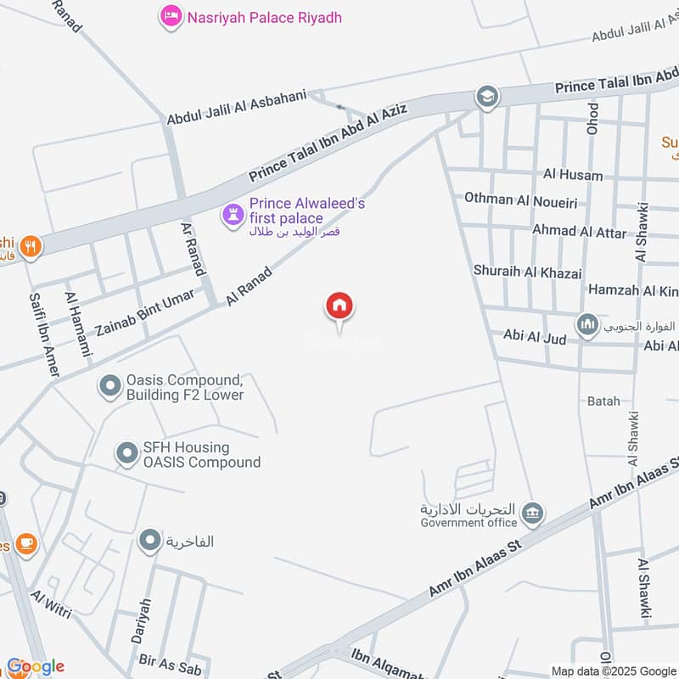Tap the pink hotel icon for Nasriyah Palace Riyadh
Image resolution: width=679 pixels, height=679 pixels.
172,16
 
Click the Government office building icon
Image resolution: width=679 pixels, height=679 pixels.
533,513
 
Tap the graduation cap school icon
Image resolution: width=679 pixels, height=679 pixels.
487,96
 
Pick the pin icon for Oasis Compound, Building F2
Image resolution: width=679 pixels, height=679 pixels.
109,387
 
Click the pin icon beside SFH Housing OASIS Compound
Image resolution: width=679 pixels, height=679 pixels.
127,454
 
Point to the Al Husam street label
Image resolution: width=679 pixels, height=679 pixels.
573,176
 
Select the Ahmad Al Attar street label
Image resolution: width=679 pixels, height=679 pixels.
579,231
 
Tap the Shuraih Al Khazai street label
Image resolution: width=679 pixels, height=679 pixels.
528,273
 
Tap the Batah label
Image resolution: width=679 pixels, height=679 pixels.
603,401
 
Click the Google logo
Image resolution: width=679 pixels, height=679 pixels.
35,666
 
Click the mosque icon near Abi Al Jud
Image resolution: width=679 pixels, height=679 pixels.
587,323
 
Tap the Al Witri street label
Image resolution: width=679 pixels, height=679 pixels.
52,603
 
